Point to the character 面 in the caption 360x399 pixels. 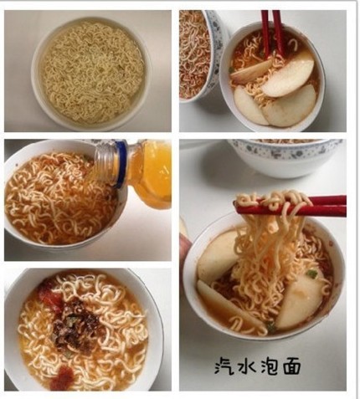point(291,366)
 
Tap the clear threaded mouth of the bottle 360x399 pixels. point(105,165)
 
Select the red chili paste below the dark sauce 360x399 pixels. point(62,378)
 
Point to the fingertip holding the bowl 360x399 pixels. point(185,244)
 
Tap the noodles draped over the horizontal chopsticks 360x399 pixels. point(272,202)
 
